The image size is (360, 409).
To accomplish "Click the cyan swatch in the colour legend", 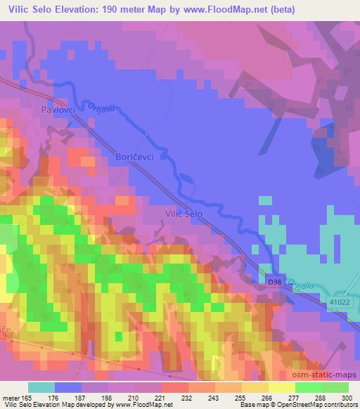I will pyautogui.click(x=41, y=387).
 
